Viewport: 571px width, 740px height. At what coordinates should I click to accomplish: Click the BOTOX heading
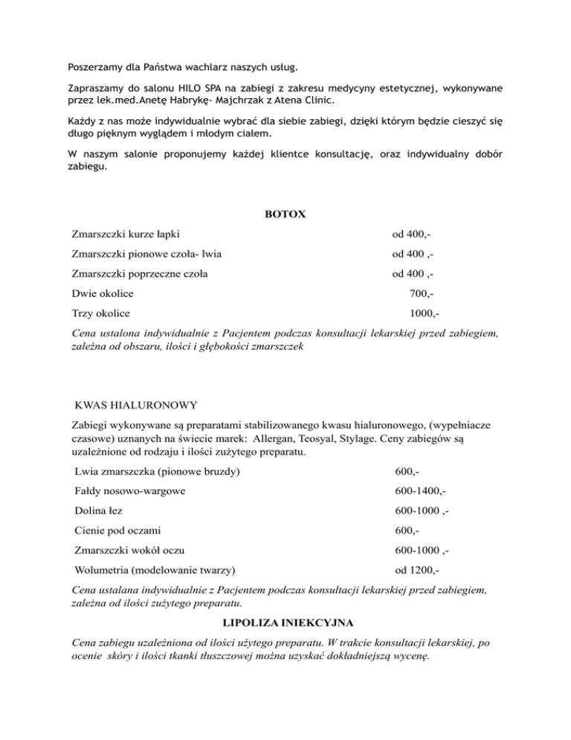[x=285, y=214]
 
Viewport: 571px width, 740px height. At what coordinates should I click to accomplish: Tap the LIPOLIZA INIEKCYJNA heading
[x=285, y=619]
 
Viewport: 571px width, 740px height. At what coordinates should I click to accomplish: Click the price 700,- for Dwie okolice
[x=422, y=293]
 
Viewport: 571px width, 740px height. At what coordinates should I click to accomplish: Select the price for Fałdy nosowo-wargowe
[x=421, y=491]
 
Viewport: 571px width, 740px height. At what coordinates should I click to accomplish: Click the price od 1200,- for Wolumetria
[x=417, y=571]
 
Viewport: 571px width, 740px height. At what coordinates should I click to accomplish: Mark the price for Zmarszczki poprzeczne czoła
[x=413, y=273]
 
